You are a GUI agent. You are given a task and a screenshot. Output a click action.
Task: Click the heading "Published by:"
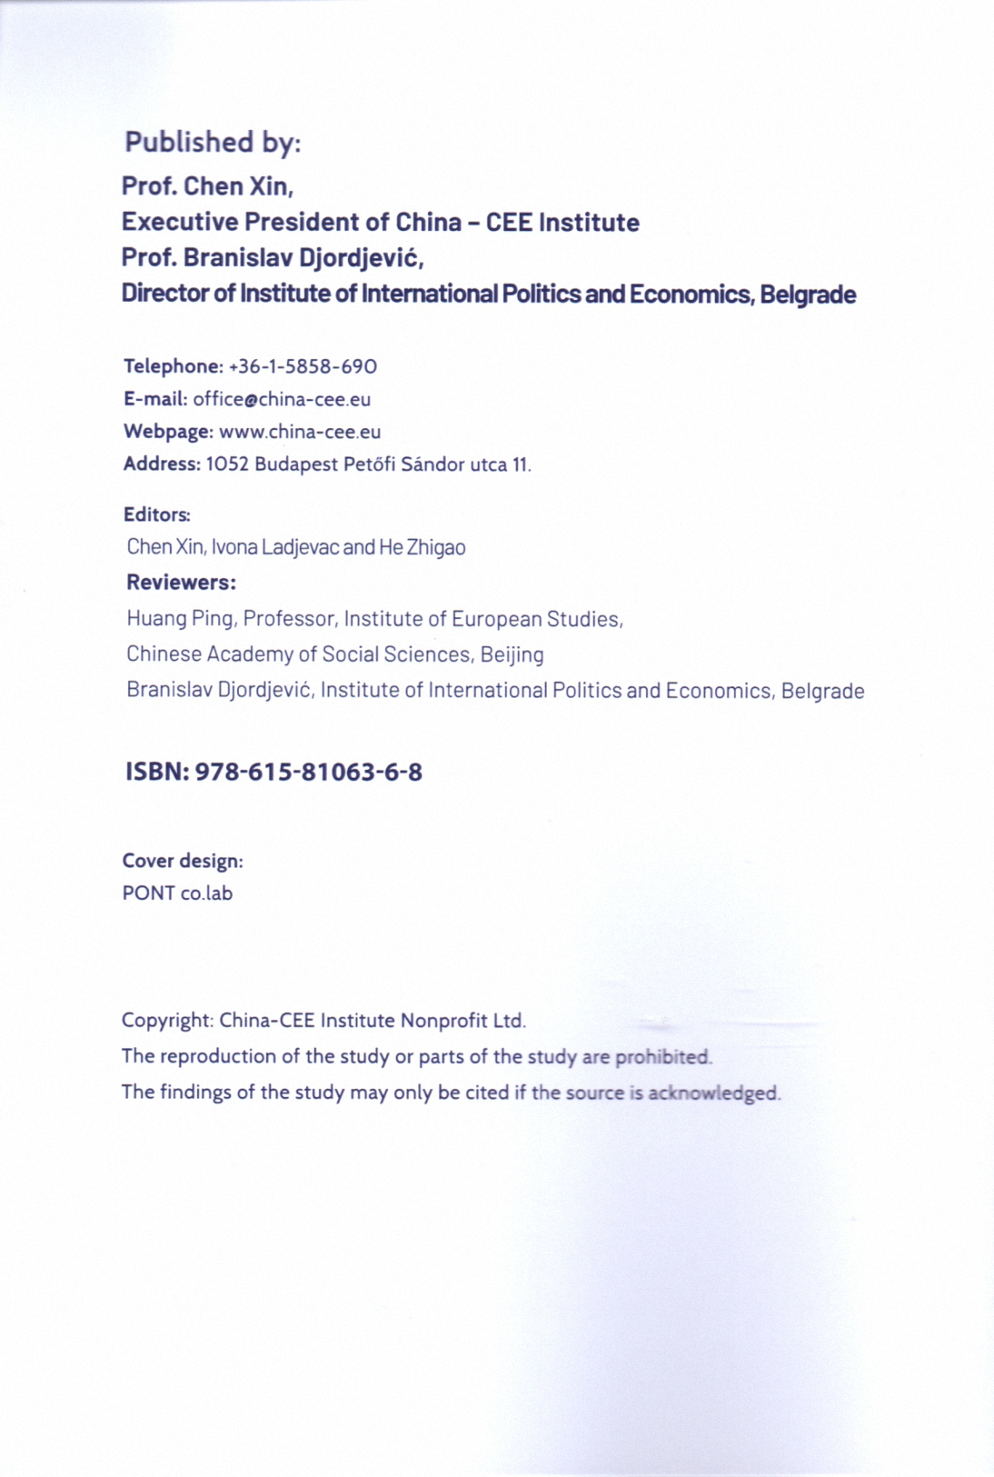tap(213, 142)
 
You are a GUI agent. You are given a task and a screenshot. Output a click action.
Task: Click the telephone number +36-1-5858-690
tap(303, 366)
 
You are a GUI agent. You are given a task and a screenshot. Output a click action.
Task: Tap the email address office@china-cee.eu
tap(282, 399)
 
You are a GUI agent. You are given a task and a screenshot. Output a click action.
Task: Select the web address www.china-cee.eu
tap(300, 432)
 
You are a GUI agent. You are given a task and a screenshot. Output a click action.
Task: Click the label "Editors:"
tap(157, 514)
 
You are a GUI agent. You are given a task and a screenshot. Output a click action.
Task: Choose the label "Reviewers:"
tap(181, 582)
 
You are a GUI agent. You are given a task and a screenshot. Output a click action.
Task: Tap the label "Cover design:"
tap(182, 861)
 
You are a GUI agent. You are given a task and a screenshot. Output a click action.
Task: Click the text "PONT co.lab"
tap(177, 894)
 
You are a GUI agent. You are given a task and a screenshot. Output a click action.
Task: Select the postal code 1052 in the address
tap(227, 465)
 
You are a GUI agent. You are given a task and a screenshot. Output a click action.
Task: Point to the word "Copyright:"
tap(167, 1020)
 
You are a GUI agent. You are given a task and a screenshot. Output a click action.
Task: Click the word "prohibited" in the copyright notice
tap(664, 1057)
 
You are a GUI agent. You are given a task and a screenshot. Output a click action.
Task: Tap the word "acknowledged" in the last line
tap(713, 1092)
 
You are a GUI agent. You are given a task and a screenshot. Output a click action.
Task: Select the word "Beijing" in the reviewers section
tap(512, 655)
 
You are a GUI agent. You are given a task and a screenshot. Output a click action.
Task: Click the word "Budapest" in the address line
tap(296, 465)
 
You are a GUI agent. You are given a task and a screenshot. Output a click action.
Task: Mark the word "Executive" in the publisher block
tap(180, 222)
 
